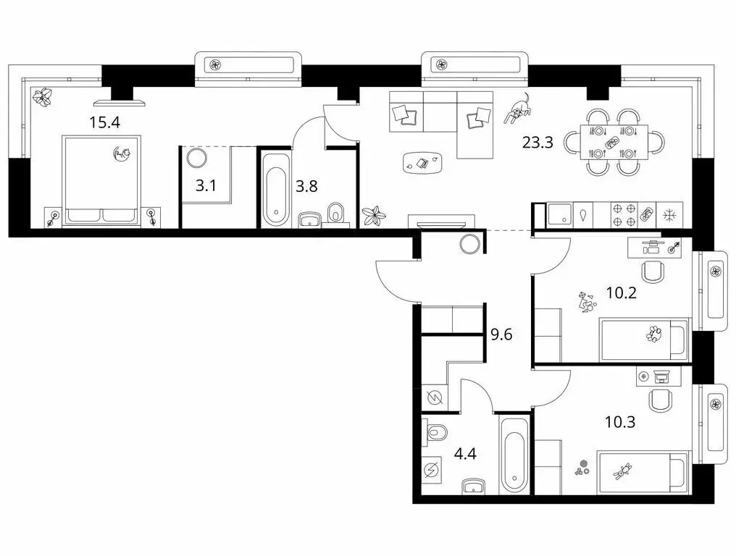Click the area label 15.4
[104, 122]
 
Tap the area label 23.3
[538, 143]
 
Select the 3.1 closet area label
[206, 185]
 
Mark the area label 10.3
[620, 421]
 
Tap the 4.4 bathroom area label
[464, 457]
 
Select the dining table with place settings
[613, 143]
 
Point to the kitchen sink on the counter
[560, 215]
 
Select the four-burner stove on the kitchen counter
[623, 215]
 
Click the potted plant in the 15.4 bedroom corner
[45, 96]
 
